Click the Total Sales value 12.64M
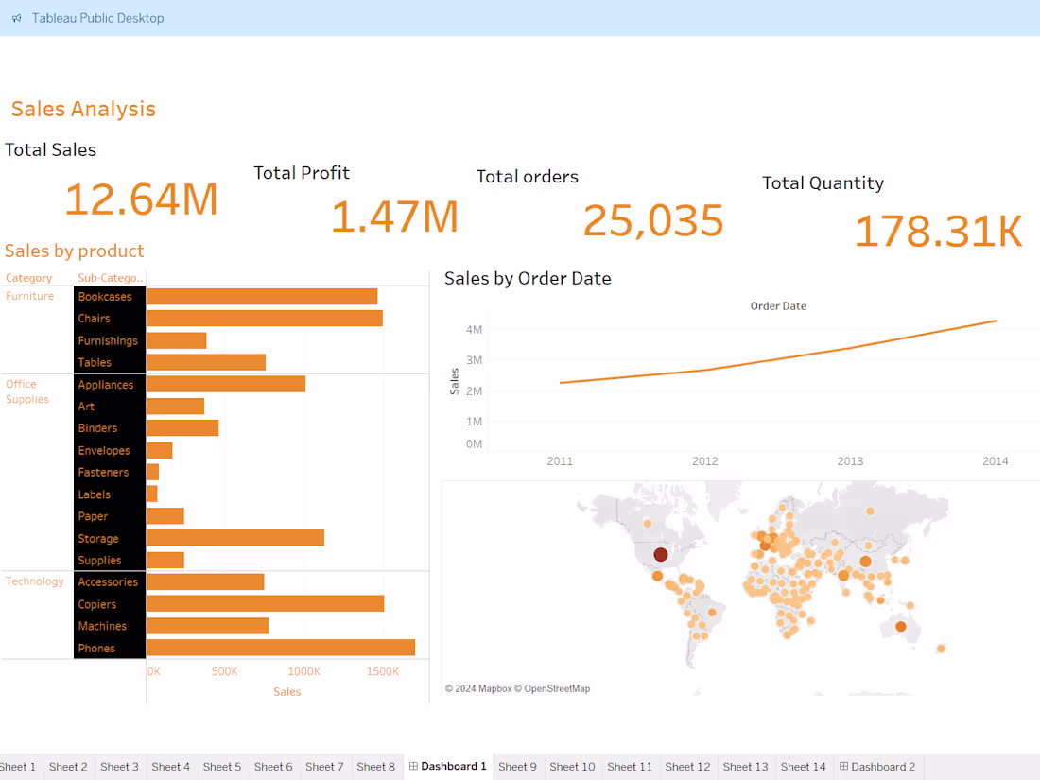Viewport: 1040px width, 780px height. (141, 199)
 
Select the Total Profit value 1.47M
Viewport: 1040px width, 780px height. (394, 217)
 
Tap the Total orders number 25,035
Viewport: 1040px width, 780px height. (653, 220)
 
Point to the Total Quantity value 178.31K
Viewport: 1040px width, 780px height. (938, 232)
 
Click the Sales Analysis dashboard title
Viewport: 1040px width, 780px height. (83, 109)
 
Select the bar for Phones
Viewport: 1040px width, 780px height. (280, 648)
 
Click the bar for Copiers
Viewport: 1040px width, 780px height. (265, 604)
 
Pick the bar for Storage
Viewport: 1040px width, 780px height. (234, 538)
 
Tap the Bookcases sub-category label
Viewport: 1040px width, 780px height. (105, 297)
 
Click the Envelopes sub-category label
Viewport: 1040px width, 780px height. (104, 451)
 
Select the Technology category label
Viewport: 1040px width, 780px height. (35, 581)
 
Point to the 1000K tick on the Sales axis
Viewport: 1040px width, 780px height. (304, 671)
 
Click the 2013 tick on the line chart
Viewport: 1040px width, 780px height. (850, 461)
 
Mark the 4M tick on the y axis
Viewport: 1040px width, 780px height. (474, 329)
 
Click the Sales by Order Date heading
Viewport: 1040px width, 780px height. (528, 278)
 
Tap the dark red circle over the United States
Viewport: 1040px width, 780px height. (661, 555)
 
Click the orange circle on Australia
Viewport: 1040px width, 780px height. (901, 626)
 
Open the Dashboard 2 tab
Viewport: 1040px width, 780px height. (876, 767)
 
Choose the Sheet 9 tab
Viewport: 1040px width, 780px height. (517, 767)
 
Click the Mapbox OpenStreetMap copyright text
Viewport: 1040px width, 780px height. (517, 688)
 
